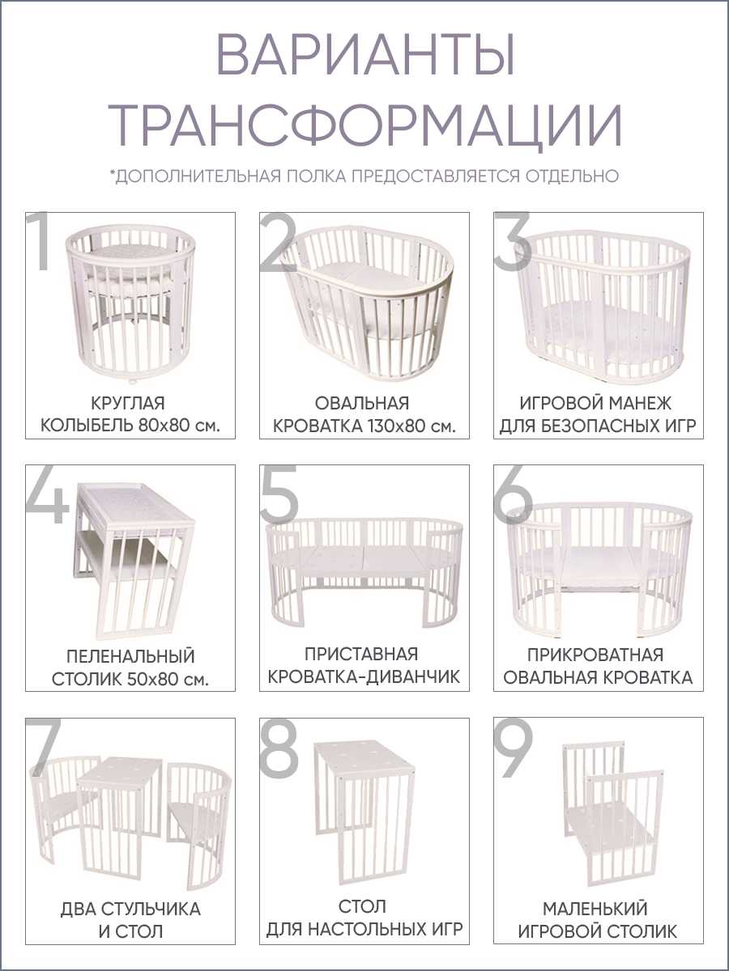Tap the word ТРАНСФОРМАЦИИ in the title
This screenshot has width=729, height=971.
click(x=365, y=125)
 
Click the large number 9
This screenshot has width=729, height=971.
click(x=513, y=747)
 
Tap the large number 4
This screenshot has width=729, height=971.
click(x=46, y=496)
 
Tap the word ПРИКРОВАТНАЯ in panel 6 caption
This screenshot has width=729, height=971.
click(x=595, y=655)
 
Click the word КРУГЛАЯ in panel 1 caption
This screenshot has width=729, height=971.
click(x=128, y=404)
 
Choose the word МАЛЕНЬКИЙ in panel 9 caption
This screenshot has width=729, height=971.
click(x=595, y=909)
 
